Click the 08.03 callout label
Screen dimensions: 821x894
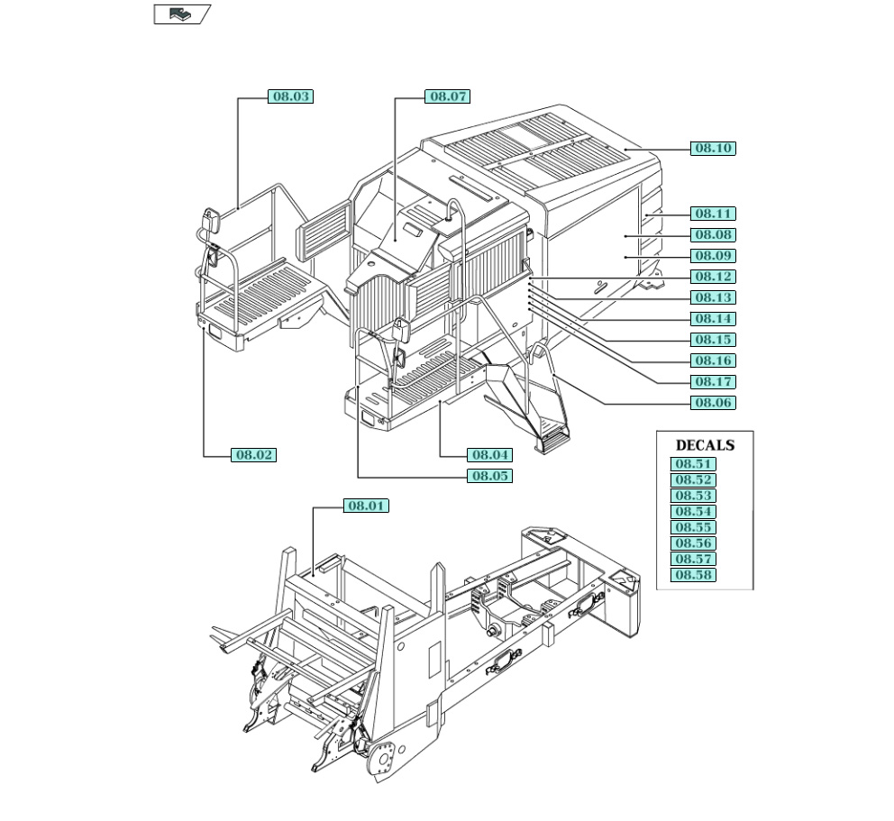(x=290, y=96)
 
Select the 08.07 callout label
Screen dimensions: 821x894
(x=448, y=96)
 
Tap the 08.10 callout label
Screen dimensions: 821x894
(x=713, y=148)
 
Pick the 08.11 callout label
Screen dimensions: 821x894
(x=713, y=214)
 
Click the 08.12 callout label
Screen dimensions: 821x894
(x=713, y=277)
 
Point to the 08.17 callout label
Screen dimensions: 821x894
(x=713, y=382)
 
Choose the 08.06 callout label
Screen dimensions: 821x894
(x=713, y=403)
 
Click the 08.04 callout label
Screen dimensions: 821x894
(x=489, y=455)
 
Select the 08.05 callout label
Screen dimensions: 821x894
(x=489, y=476)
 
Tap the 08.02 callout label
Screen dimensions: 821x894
(x=253, y=455)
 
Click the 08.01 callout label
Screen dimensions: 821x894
(x=366, y=506)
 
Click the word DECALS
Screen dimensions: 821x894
(x=705, y=445)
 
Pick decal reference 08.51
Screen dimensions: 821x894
(x=694, y=464)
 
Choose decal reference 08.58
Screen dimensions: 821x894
(x=694, y=575)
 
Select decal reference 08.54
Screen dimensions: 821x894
(x=694, y=512)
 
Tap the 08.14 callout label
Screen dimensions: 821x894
(x=713, y=319)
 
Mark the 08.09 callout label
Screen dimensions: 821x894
(x=713, y=256)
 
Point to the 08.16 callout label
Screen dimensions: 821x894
(x=713, y=360)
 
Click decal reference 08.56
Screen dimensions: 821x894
(x=694, y=543)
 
